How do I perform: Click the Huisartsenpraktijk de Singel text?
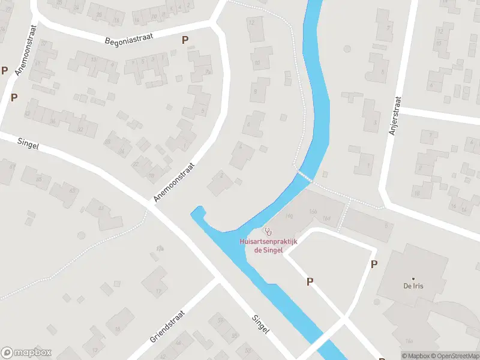tap(268, 245)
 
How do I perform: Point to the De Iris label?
tap(413, 286)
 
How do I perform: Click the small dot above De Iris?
tap(413, 277)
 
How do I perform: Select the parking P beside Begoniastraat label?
tap(185, 40)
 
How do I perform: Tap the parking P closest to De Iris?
tap(374, 264)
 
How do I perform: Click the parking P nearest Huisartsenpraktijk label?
tap(310, 281)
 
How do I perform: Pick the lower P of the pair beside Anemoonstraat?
tap(14, 97)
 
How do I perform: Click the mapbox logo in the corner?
tap(26, 352)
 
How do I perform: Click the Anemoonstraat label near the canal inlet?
tap(175, 182)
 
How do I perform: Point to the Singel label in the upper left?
tap(28, 145)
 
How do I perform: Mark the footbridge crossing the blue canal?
tap(304, 176)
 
